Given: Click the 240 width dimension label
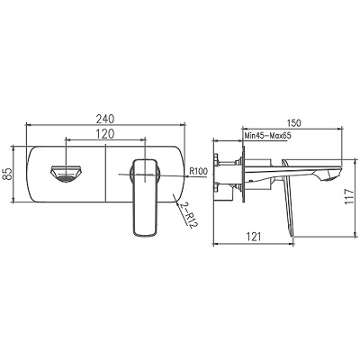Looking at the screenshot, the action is click(105, 119).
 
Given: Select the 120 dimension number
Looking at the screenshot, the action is click(105, 134).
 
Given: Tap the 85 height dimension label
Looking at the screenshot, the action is click(8, 174).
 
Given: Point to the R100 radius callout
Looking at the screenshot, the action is click(198, 171).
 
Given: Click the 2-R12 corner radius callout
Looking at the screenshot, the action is click(186, 215).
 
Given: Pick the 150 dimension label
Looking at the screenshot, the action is click(292, 122).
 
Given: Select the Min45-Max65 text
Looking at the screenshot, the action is click(268, 135).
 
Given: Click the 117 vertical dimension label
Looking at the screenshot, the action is click(350, 197).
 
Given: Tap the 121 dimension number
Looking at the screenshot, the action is click(254, 237).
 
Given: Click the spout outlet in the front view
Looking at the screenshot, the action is click(67, 174).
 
